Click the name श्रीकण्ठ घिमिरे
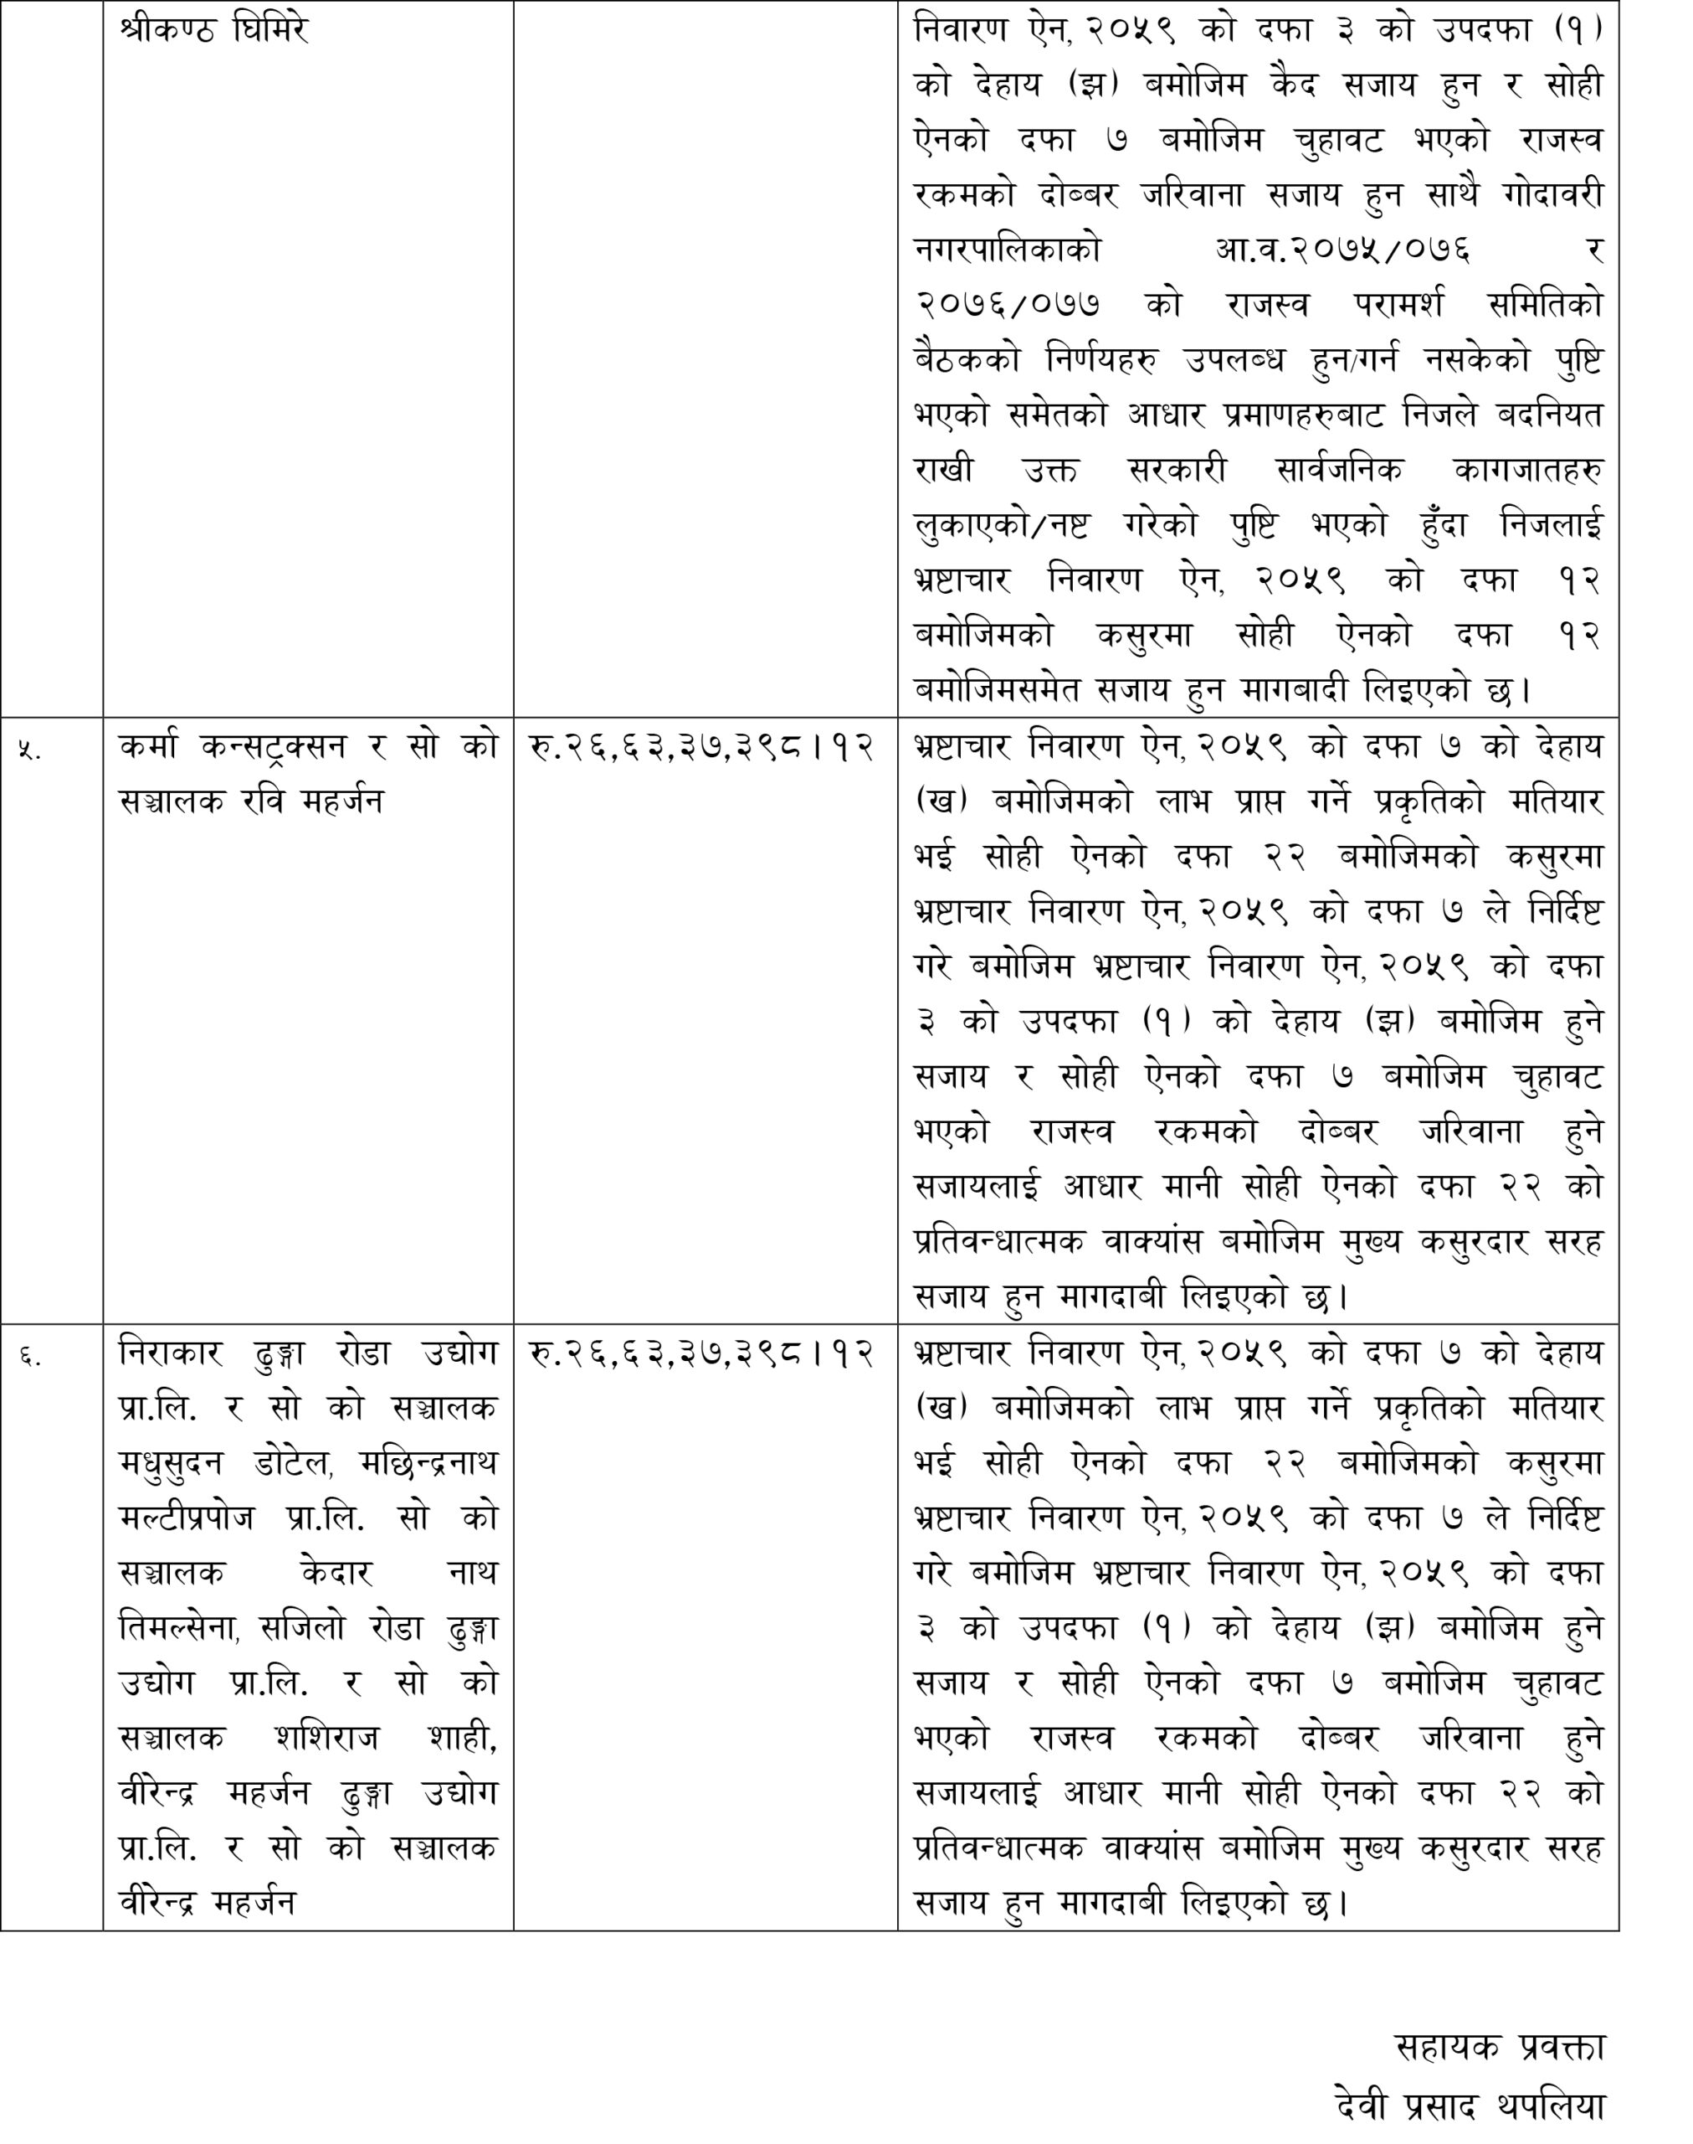[x=214, y=31]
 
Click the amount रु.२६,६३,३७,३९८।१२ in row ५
[x=702, y=748]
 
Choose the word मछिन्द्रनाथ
[x=430, y=1464]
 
